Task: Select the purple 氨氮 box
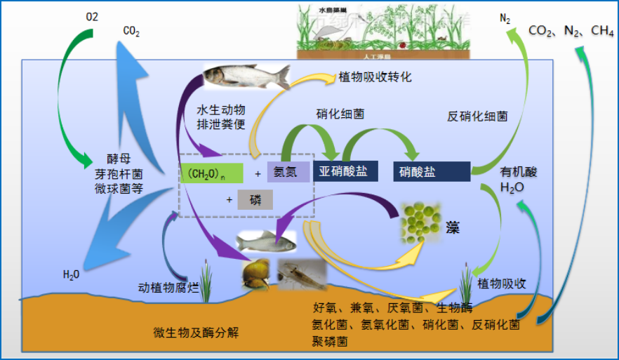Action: [287, 172]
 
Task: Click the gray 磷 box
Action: [255, 200]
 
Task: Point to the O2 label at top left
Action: [92, 17]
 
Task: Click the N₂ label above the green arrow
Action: [505, 19]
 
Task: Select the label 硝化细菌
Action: [340, 114]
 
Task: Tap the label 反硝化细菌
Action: [477, 116]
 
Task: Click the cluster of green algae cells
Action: [421, 222]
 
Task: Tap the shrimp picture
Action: [302, 274]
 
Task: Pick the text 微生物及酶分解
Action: [196, 332]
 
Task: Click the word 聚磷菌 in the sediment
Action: [329, 341]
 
